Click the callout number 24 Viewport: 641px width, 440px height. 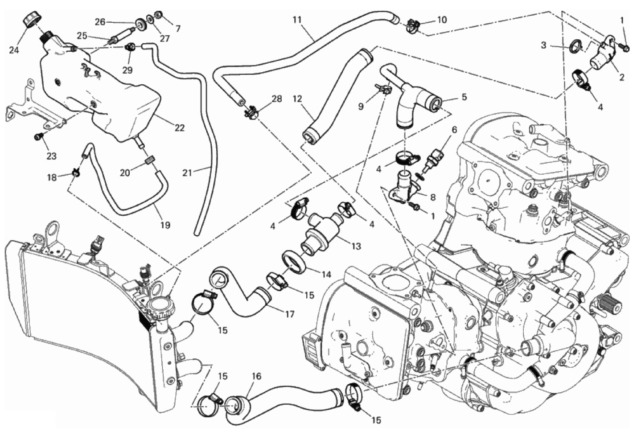point(14,50)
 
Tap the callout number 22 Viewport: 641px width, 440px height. point(179,128)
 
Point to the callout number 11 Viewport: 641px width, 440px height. point(297,20)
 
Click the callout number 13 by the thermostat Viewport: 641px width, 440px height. point(356,246)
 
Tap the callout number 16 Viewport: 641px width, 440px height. point(256,376)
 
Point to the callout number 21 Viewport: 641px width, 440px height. point(187,172)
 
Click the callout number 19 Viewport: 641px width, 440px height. point(165,225)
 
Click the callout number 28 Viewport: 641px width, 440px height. point(276,99)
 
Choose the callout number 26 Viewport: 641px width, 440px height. point(100,21)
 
